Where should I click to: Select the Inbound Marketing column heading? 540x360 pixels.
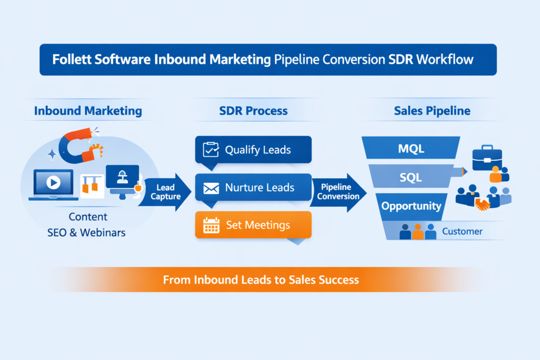(x=88, y=111)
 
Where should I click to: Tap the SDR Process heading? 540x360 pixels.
(x=253, y=111)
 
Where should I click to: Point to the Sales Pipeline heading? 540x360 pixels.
(x=432, y=111)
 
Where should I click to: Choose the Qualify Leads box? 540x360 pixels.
(x=253, y=150)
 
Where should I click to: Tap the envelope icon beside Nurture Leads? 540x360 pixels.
(x=210, y=188)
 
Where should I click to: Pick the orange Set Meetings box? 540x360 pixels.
(x=253, y=225)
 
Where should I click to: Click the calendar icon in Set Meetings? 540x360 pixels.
(x=211, y=226)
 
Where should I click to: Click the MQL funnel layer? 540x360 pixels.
(x=410, y=149)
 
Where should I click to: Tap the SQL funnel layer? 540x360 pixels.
(x=410, y=177)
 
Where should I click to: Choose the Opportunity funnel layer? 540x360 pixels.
(x=411, y=206)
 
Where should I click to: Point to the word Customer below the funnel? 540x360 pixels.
(x=462, y=231)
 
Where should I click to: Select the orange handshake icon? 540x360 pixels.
(x=483, y=204)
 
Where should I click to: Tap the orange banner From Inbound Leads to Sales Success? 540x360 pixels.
(x=261, y=279)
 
